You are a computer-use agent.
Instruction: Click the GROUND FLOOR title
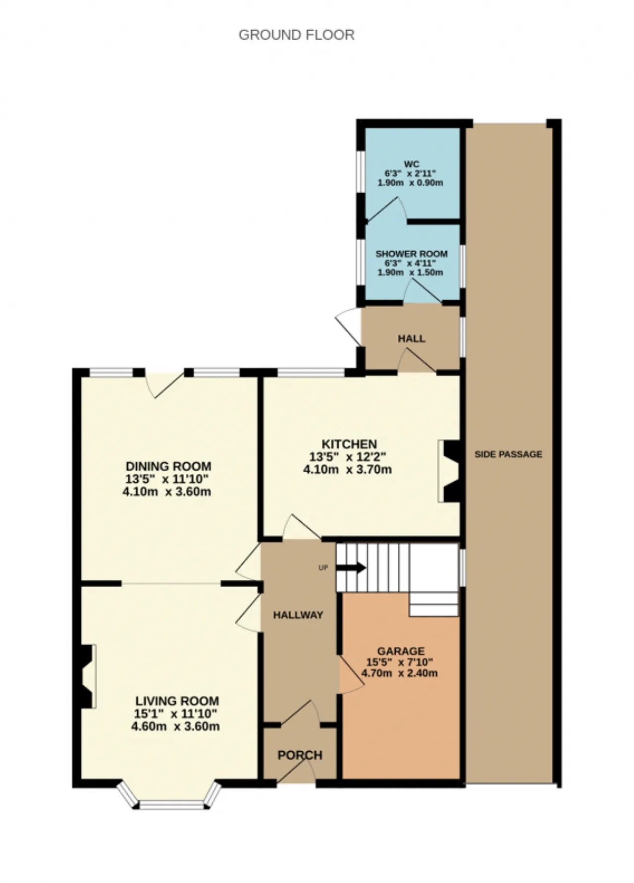[x=296, y=35]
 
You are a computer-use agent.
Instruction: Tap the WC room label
[x=411, y=165]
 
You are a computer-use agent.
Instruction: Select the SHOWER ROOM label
[x=411, y=254]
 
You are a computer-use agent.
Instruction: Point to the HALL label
[x=411, y=338]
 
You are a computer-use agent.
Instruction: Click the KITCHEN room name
[x=349, y=444]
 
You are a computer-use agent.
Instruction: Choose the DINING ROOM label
[x=168, y=466]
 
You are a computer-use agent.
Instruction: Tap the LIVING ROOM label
[x=177, y=701]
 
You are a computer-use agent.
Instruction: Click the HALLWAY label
[x=298, y=615]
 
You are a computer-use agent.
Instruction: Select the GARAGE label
[x=401, y=651]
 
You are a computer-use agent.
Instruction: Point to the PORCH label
[x=300, y=755]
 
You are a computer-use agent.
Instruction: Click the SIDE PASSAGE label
[x=508, y=454]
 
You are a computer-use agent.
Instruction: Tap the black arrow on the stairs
[x=351, y=568]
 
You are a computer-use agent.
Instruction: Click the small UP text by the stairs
[x=323, y=568]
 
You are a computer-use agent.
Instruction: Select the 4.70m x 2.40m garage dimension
[x=399, y=673]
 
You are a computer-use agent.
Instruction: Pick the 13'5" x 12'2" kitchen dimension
[x=347, y=456]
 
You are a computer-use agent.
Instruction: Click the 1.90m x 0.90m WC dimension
[x=410, y=183]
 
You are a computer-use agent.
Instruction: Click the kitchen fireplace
[x=449, y=471]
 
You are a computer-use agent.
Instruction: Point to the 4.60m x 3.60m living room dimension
[x=175, y=726]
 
